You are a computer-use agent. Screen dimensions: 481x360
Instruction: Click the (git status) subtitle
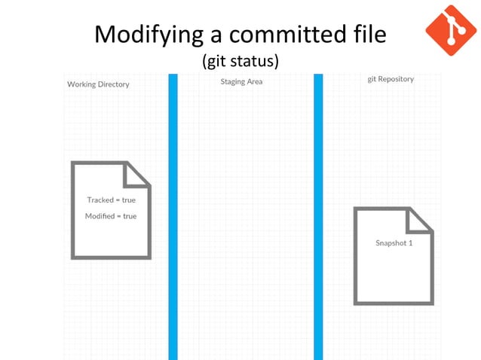pos(240,59)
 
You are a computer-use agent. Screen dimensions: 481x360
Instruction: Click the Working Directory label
pos(98,84)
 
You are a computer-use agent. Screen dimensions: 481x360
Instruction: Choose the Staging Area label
pos(241,81)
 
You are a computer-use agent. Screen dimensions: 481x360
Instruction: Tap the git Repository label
pos(391,79)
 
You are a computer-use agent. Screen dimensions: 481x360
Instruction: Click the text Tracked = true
pos(112,200)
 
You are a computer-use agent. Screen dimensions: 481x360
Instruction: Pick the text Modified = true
pos(111,216)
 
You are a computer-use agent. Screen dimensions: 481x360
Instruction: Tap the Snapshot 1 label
pos(394,243)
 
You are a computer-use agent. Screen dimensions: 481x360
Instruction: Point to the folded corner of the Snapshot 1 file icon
pos(419,220)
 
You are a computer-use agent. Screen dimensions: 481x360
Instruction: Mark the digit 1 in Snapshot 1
pos(410,243)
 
